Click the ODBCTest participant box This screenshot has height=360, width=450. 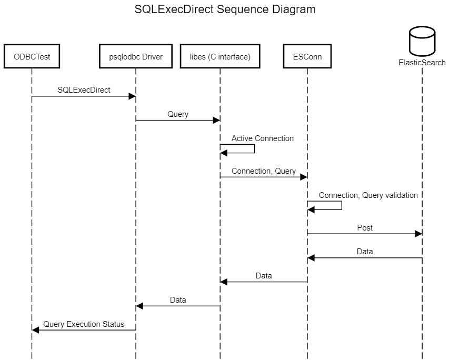[x=32, y=56]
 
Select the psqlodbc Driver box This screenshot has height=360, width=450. [x=136, y=56]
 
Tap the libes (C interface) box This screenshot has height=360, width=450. [x=220, y=56]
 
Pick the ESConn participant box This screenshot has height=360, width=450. [x=307, y=56]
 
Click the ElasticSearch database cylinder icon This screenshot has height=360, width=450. [x=422, y=41]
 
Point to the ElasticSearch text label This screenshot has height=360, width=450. [x=422, y=63]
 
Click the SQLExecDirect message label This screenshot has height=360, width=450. [x=84, y=90]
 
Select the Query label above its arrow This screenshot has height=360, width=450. [x=178, y=114]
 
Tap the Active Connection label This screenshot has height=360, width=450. [x=263, y=138]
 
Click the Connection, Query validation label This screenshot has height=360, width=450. [x=368, y=195]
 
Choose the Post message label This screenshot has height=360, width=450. [x=365, y=228]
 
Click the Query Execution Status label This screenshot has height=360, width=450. [x=84, y=324]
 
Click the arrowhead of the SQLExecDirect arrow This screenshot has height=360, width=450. [x=132, y=96]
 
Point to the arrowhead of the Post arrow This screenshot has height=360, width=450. [x=418, y=234]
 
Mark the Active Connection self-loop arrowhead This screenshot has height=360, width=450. [x=224, y=153]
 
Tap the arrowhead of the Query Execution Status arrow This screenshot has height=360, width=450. [x=35, y=330]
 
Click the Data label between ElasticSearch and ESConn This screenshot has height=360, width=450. [x=365, y=252]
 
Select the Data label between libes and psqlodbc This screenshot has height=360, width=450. [x=178, y=300]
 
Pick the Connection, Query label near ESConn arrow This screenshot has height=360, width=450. [x=264, y=171]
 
